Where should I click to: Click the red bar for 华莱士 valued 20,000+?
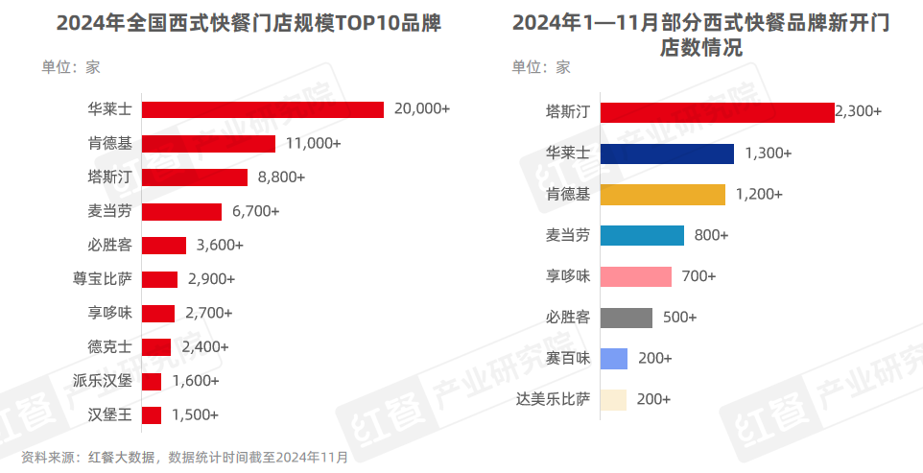(x=263, y=109)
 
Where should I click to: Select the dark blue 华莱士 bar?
(x=667, y=154)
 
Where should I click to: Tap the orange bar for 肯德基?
(x=662, y=195)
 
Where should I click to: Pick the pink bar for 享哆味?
(x=635, y=276)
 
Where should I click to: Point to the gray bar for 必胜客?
(x=626, y=318)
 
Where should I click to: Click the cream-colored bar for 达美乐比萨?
(x=613, y=399)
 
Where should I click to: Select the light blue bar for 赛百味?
(x=614, y=358)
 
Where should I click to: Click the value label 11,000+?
(x=313, y=144)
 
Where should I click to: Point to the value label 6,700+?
(x=254, y=211)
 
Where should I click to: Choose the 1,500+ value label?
(x=196, y=415)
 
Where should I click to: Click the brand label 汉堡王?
(x=110, y=415)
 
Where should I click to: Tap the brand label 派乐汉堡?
(x=103, y=381)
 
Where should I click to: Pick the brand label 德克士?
(x=110, y=347)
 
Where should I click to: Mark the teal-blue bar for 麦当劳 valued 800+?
(x=642, y=235)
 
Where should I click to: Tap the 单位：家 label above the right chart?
(x=540, y=67)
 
